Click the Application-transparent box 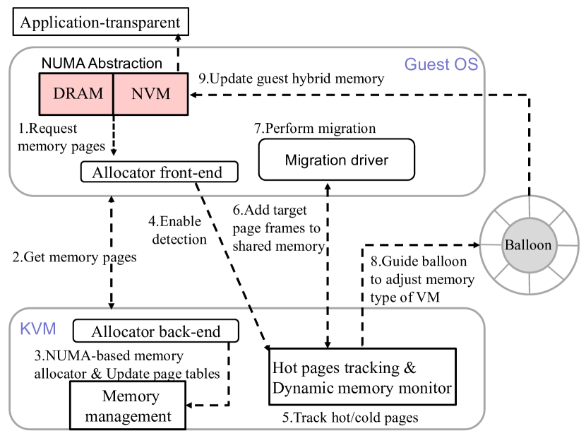(98, 23)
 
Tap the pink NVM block (150, 93)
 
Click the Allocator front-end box (159, 172)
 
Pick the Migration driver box (336, 160)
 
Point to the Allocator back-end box (156, 331)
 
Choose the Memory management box (127, 405)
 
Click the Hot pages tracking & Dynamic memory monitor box (361, 377)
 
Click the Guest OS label (441, 65)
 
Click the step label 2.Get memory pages (75, 258)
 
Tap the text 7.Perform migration (315, 129)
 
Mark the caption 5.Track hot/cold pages (350, 418)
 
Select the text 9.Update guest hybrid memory (291, 79)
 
